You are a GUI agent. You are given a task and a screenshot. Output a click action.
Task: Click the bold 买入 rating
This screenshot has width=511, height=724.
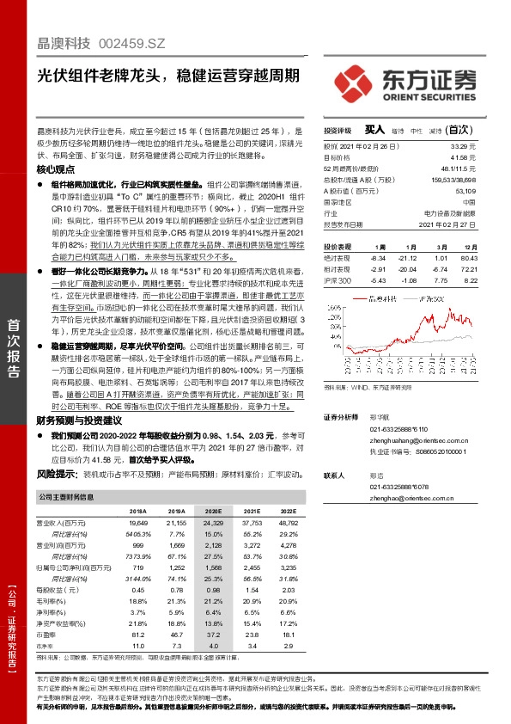tap(374, 129)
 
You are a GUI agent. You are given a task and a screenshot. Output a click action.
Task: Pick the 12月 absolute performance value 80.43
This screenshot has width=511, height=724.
tap(468, 257)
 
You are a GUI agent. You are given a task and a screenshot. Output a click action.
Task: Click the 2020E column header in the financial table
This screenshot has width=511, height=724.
tap(212, 510)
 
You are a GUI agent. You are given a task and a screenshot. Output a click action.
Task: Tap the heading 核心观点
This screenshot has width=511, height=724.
tap(56, 170)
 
